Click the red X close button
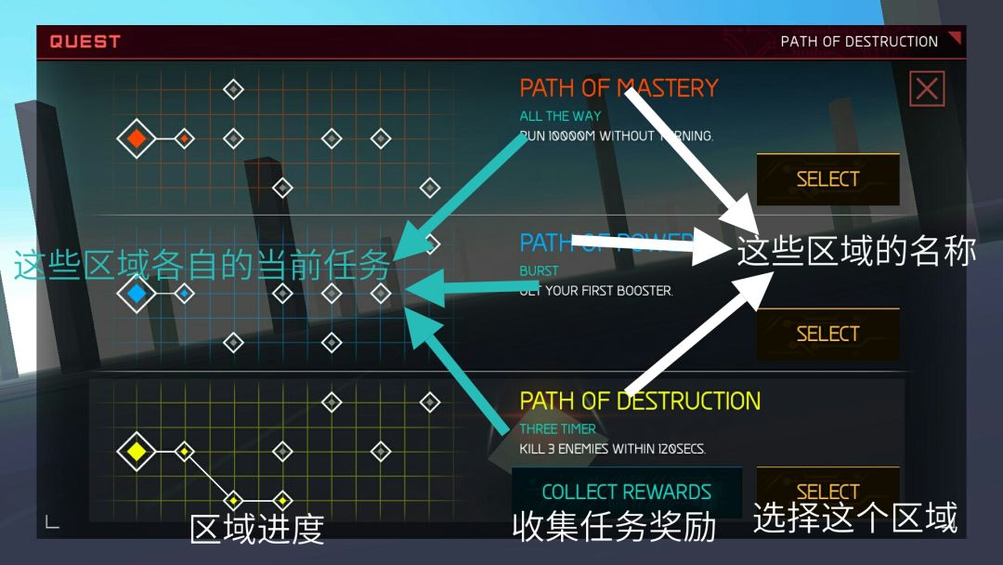pos(927,89)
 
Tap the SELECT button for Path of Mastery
pos(827,178)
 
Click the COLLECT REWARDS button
pos(626,492)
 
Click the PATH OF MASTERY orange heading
pos(619,88)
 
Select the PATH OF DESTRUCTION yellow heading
pos(640,401)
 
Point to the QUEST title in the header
pos(85,42)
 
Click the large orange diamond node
pos(137,139)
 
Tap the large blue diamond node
pos(137,295)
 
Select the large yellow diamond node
pos(137,452)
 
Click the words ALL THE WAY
pos(560,116)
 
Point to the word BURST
pos(539,271)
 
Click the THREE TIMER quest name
pos(557,429)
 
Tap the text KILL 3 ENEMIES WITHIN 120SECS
pos(613,449)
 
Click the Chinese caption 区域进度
pos(256,529)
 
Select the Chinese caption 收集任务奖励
pos(614,527)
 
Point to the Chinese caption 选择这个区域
pos(854,518)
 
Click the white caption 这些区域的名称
pos(855,251)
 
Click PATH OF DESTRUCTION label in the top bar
pos(859,42)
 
